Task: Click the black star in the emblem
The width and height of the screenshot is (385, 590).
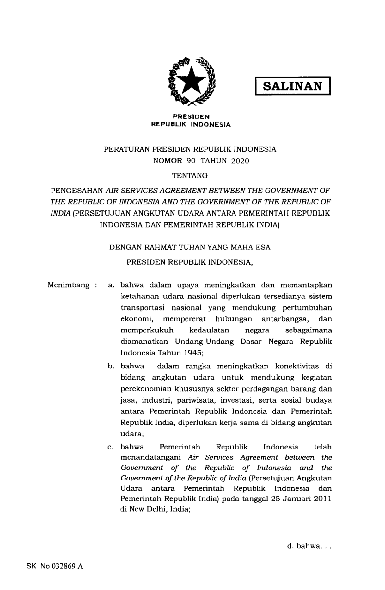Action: [191, 81]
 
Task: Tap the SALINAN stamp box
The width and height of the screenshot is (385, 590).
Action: [292, 86]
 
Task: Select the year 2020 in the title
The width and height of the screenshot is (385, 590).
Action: [240, 161]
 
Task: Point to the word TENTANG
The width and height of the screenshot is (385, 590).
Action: [190, 175]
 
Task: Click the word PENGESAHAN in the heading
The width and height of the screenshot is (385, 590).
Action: [77, 191]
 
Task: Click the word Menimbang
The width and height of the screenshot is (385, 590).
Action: [69, 285]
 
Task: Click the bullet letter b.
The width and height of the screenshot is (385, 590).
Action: [110, 367]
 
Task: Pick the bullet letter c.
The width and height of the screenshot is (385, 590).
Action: [110, 447]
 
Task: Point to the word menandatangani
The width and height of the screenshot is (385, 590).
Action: [150, 458]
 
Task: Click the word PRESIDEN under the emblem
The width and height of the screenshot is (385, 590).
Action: [191, 117]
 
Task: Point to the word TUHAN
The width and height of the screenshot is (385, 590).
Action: [192, 247]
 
